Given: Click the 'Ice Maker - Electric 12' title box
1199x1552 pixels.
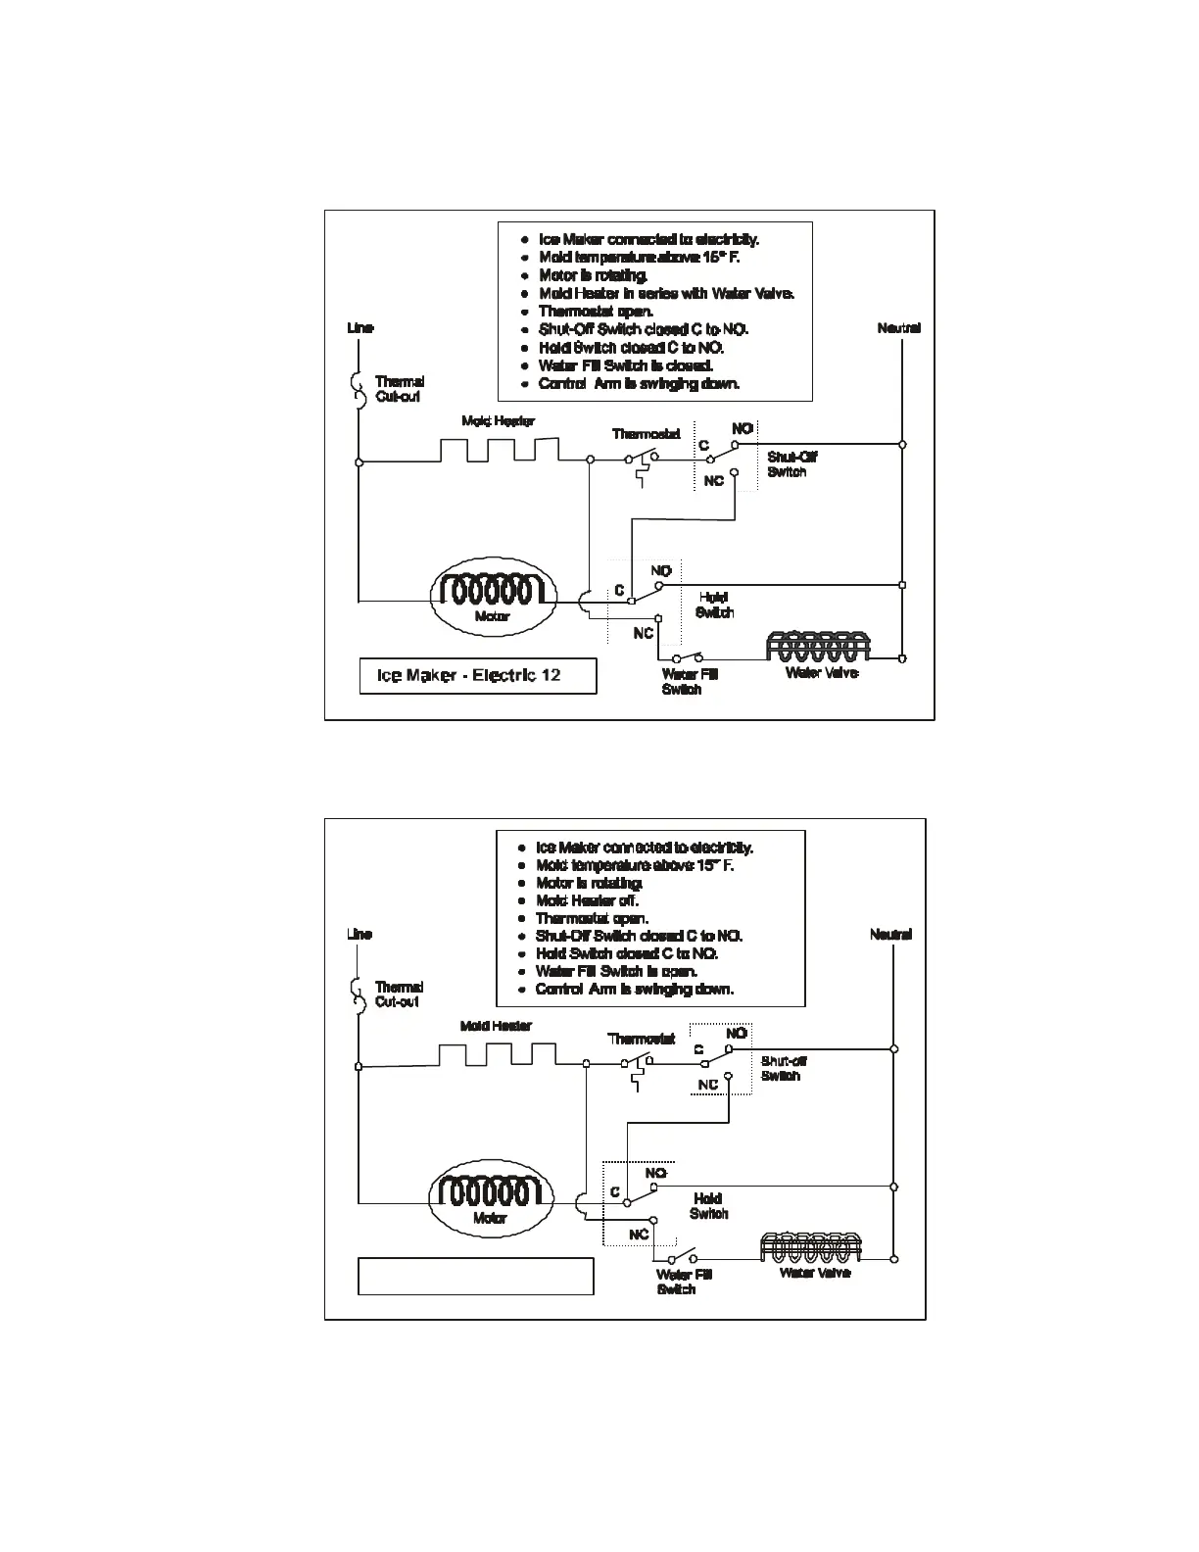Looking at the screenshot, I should tap(477, 676).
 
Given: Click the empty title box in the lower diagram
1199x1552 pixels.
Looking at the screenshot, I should tap(476, 1277).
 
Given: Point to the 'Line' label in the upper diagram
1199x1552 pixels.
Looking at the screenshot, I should tap(360, 328).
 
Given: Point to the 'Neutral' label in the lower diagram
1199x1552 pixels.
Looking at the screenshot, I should tap(890, 935).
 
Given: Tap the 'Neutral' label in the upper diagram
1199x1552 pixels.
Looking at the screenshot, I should tap(898, 328).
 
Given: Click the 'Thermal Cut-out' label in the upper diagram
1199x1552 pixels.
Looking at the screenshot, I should tap(399, 389).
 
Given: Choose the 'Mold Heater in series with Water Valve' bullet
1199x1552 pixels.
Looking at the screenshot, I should tap(666, 294).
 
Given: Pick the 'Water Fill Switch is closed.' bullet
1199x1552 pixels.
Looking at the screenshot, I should tap(625, 365).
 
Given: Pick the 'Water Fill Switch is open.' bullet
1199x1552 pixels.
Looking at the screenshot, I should tap(616, 971).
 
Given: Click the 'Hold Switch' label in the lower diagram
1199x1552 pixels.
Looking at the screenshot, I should tap(708, 1206).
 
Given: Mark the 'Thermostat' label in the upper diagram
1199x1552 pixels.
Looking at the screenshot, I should tap(646, 434).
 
